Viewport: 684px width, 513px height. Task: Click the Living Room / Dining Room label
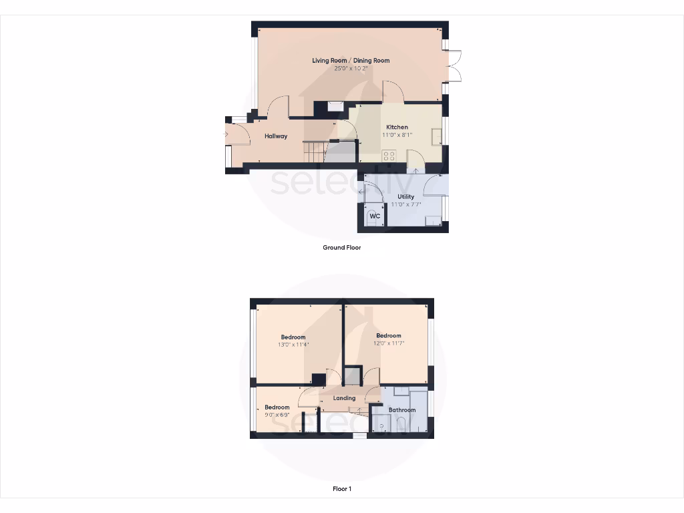pos(351,61)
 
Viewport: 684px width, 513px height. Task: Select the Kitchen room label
pos(397,127)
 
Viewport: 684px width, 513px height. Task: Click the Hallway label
pos(276,136)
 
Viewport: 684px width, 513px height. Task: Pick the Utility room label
pos(405,196)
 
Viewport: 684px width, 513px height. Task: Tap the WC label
pos(375,216)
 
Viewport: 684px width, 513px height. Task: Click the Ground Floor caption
pos(341,247)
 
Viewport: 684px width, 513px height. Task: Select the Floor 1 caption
pos(342,489)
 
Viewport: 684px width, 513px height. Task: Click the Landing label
pos(345,398)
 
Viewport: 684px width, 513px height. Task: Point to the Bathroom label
pos(402,410)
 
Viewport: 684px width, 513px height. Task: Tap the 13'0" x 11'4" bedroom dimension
pos(293,345)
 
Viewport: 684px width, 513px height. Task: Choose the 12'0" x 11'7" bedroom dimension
pos(388,343)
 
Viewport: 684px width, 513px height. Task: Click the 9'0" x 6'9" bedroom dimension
pos(277,415)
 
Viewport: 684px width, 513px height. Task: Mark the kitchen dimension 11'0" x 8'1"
pos(397,135)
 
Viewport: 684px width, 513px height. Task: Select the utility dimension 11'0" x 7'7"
pos(405,204)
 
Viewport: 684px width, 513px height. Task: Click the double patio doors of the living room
pos(456,66)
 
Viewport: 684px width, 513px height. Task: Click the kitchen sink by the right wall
pos(437,136)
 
